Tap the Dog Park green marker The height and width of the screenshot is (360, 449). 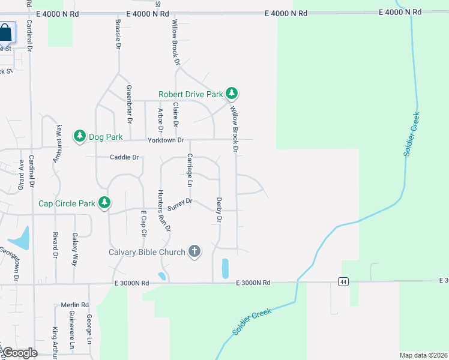click(x=80, y=137)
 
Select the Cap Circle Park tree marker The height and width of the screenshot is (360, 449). click(x=104, y=203)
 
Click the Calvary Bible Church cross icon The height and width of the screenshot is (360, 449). click(x=194, y=251)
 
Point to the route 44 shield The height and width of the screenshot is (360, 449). click(x=343, y=281)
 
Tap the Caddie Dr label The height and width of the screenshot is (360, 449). click(x=124, y=157)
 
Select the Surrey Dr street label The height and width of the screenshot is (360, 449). click(x=179, y=204)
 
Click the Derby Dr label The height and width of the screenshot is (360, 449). click(x=219, y=211)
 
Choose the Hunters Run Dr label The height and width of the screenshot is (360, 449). click(x=164, y=211)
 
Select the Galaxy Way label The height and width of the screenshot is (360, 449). click(x=75, y=249)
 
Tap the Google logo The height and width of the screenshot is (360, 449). click(x=20, y=353)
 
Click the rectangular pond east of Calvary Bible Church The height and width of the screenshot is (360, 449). click(x=225, y=268)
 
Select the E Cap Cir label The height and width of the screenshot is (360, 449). click(x=143, y=223)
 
